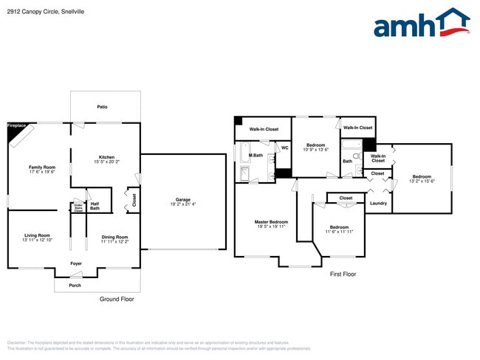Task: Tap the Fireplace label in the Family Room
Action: tap(17, 126)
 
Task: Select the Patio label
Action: tap(102, 108)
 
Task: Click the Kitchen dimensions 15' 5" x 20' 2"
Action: tap(106, 162)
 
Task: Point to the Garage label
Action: tap(182, 199)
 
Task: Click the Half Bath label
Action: tap(95, 207)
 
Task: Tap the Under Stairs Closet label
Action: tap(78, 208)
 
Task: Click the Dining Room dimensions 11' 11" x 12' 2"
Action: tap(114, 241)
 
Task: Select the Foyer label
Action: tap(76, 263)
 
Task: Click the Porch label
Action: tap(75, 285)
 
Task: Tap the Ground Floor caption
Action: tap(117, 299)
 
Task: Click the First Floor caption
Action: tap(343, 274)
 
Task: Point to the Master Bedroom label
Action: tap(271, 222)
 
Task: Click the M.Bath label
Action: tap(256, 156)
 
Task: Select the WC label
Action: tap(284, 148)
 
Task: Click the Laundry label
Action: tap(378, 203)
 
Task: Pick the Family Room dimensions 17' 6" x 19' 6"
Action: tap(42, 172)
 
